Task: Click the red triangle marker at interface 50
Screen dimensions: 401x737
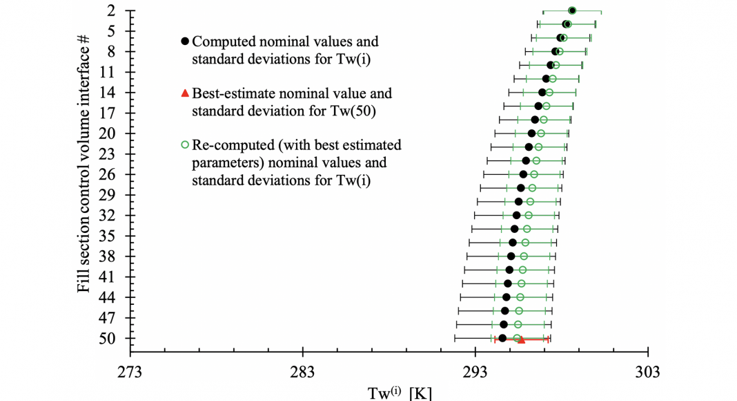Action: coord(521,340)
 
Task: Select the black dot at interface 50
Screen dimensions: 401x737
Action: coord(502,338)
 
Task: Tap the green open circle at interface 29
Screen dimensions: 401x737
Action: coord(531,188)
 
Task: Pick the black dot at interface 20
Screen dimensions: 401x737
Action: coord(531,133)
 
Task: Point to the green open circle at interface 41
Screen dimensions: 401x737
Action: coord(522,270)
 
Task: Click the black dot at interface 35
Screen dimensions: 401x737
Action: coord(513,243)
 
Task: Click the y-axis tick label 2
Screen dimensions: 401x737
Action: coord(111,11)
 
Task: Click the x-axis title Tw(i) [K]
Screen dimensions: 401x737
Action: coord(400,393)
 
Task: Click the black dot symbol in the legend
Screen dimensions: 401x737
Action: coord(184,42)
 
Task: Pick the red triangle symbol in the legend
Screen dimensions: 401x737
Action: coord(184,93)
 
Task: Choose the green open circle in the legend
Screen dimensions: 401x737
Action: coord(184,145)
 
